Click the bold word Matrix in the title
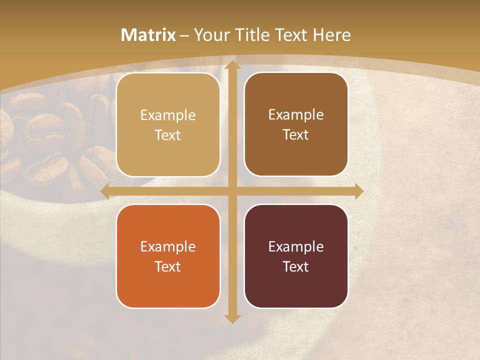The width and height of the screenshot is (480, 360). coord(148,35)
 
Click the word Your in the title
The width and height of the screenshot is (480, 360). coord(210,35)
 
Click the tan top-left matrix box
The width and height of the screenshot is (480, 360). coord(168,125)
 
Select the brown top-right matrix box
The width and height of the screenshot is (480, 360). coord(296,124)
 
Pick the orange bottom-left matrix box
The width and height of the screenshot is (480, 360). coord(168,256)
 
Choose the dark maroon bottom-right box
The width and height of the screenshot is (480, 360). coord(296,256)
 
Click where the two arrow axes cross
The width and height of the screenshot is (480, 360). coord(232,191)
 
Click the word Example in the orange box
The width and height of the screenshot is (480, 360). coord(168,246)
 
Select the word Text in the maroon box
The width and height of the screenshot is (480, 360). coord(296,266)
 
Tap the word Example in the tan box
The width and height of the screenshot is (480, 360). coord(168,115)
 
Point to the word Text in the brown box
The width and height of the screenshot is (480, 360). coord(296,135)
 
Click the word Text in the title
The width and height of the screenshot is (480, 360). coord(289,35)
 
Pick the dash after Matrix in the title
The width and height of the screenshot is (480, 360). coord(184,35)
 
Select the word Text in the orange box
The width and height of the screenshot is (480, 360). coord(168,266)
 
